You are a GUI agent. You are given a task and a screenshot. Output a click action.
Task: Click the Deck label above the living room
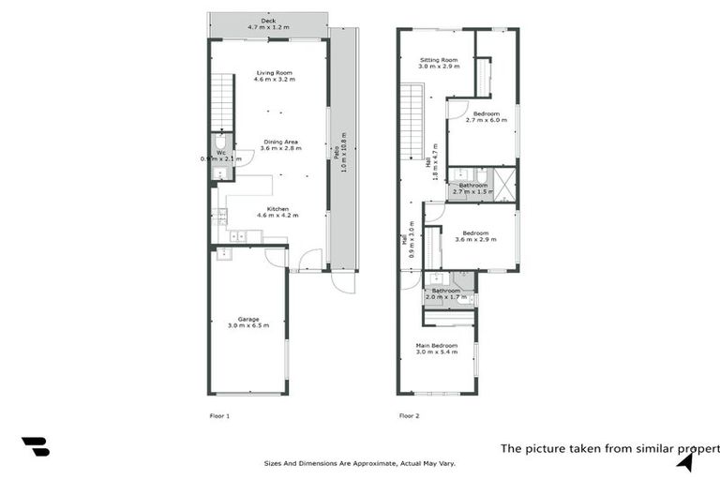pyautogui.click(x=268, y=23)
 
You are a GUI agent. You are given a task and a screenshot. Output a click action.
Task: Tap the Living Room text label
pyautogui.click(x=274, y=75)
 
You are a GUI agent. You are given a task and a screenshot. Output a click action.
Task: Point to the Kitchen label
pyautogui.click(x=277, y=211)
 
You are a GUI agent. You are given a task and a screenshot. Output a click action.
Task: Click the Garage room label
pyautogui.click(x=248, y=322)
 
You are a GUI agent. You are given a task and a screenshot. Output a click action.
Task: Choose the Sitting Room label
pyautogui.click(x=438, y=63)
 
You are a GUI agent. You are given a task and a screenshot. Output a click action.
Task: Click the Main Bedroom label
pyautogui.click(x=437, y=348)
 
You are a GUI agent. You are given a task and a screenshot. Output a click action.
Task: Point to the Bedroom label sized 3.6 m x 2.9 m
pyautogui.click(x=475, y=235)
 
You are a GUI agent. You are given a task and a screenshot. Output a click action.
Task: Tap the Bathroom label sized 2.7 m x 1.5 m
pyautogui.click(x=473, y=187)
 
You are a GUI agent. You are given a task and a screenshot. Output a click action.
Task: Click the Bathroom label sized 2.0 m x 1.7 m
pyautogui.click(x=446, y=292)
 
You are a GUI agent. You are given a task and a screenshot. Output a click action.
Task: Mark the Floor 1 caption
pyautogui.click(x=219, y=415)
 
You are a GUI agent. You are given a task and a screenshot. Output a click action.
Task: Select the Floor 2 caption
pyautogui.click(x=409, y=415)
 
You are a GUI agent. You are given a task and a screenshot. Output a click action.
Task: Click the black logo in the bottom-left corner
pyautogui.click(x=36, y=447)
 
